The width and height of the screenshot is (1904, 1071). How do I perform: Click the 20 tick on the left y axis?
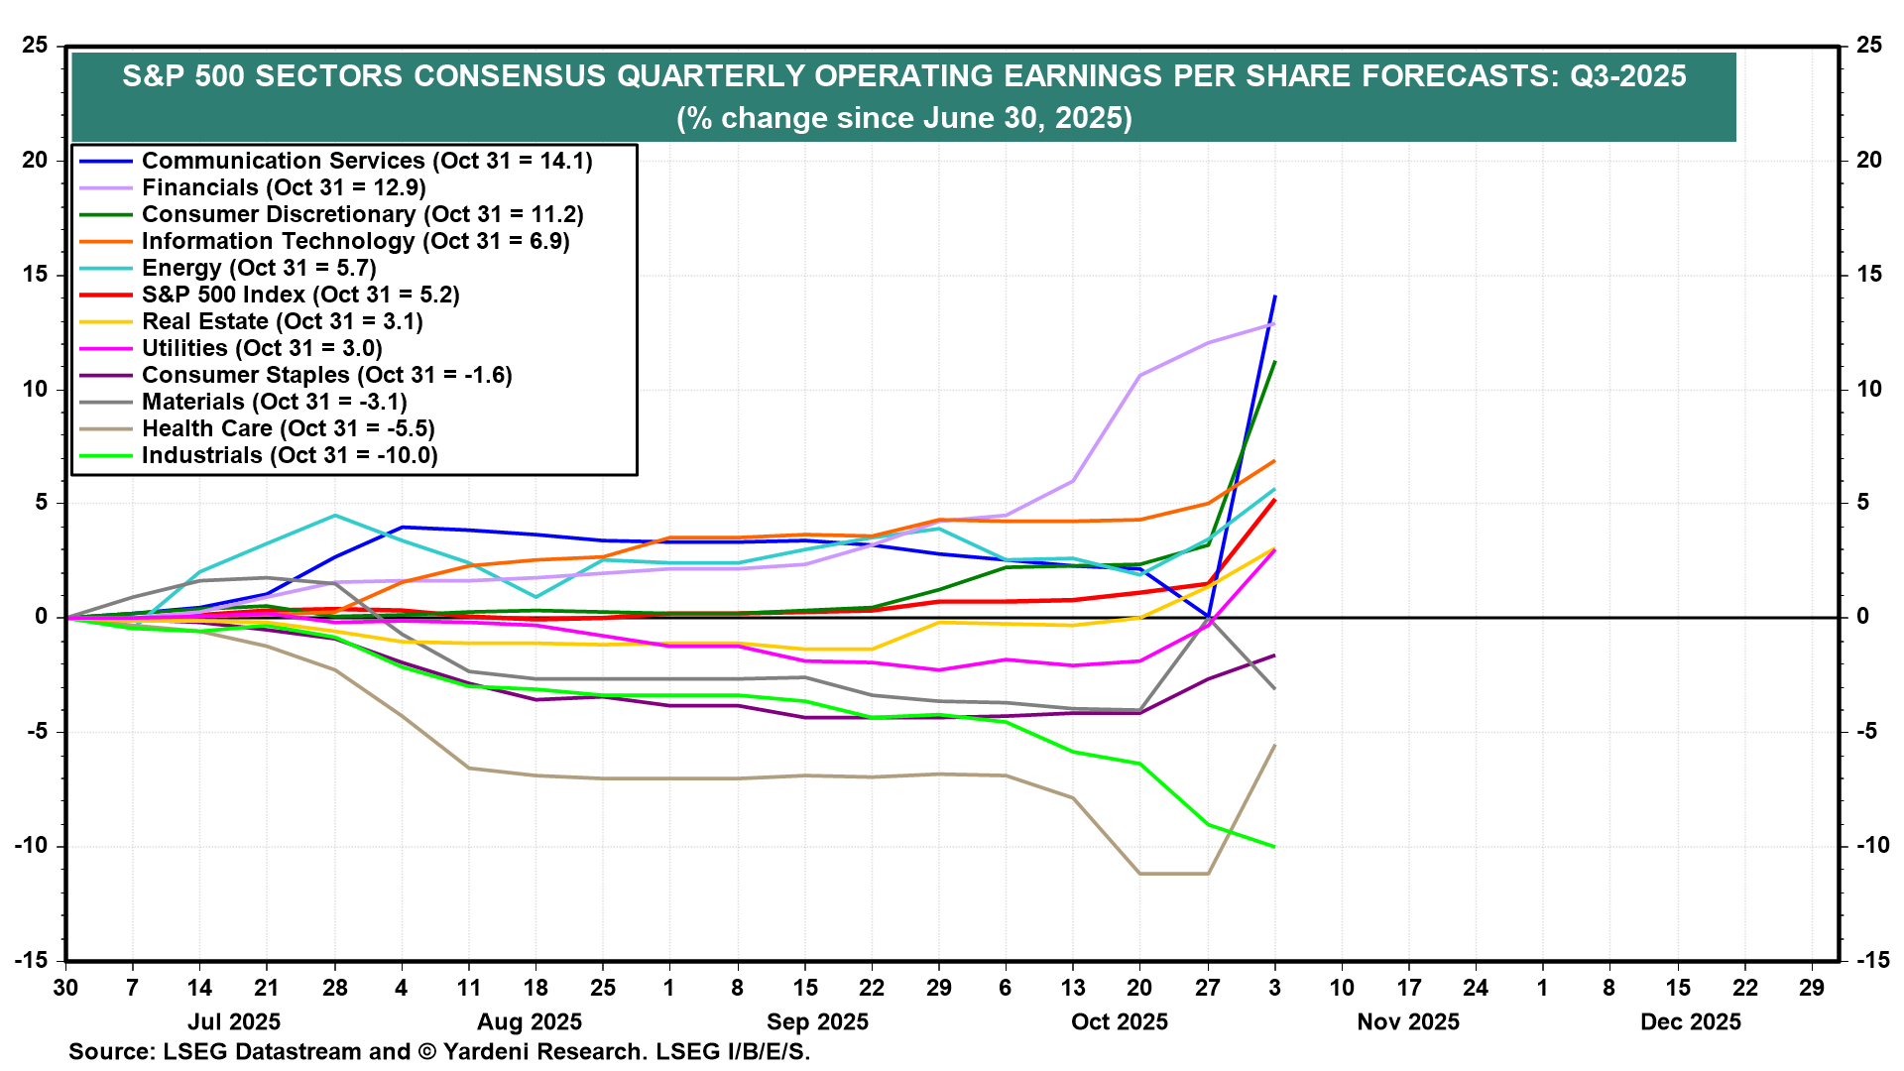(x=35, y=160)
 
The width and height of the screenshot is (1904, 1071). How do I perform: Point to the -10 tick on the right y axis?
(x=1872, y=846)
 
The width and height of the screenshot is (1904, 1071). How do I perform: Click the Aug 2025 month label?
(x=530, y=1022)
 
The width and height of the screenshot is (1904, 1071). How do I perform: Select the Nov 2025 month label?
(x=1408, y=1022)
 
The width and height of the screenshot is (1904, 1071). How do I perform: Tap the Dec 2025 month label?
(x=1691, y=1022)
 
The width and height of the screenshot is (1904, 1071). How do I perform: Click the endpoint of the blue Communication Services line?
(x=1274, y=296)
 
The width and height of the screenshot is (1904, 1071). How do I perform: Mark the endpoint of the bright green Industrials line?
(x=1274, y=846)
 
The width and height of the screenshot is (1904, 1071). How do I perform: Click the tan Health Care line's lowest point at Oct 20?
(x=1139, y=874)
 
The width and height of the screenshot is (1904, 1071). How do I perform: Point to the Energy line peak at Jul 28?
(x=335, y=516)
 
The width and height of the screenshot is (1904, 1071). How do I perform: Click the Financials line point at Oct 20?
(x=1139, y=376)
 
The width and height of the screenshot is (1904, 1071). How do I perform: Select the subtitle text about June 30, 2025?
(x=903, y=118)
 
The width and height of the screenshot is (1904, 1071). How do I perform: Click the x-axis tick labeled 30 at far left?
(x=65, y=988)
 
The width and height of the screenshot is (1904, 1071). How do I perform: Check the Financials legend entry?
(x=284, y=187)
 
